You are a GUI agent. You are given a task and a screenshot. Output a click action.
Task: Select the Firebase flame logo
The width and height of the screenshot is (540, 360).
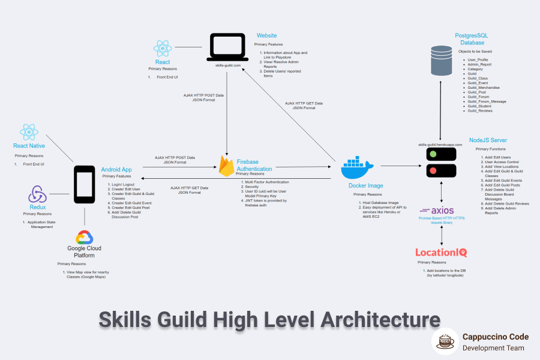click(x=226, y=166)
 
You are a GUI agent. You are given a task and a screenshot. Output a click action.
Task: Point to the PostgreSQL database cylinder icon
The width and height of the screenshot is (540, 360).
click(x=441, y=61)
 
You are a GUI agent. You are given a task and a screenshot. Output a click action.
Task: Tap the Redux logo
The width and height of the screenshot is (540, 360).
click(x=37, y=194)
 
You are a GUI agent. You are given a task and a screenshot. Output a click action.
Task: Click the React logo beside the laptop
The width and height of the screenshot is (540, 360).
click(x=163, y=49)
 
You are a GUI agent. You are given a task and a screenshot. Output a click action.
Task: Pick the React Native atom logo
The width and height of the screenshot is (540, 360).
click(x=29, y=132)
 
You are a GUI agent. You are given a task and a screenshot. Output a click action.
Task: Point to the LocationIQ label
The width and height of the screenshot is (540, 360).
click(x=441, y=253)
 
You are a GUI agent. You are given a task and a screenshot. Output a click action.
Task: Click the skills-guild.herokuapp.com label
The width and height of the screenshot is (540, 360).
click(x=441, y=145)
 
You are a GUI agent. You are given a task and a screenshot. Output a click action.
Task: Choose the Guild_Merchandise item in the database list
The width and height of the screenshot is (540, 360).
click(x=484, y=87)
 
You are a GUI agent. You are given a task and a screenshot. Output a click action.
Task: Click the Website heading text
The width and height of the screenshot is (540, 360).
click(x=267, y=35)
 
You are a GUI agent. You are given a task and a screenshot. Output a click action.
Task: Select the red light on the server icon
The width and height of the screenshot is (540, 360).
click(x=432, y=172)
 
